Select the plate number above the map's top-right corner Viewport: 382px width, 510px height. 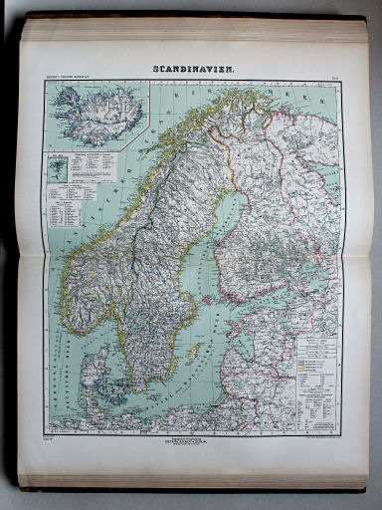pyautogui.click(x=334, y=79)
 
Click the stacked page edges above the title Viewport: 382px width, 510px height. pyautogui.click(x=193, y=30)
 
